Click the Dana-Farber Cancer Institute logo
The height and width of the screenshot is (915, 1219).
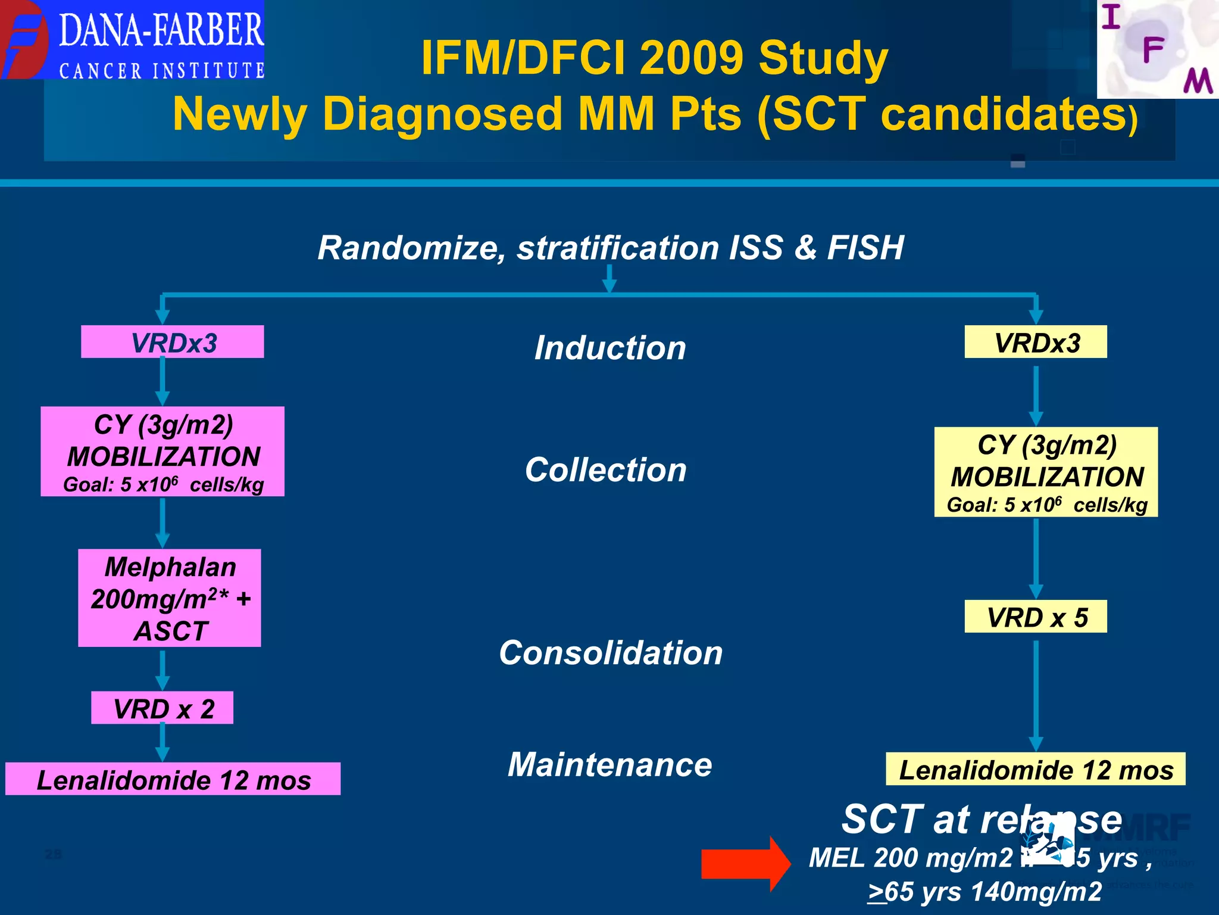(132, 39)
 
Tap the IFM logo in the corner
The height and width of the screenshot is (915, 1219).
(1157, 49)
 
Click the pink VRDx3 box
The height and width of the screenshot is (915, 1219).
(173, 342)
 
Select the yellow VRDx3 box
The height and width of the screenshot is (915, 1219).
(1036, 342)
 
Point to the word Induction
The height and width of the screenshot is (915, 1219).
(610, 348)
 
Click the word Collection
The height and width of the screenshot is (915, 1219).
(606, 469)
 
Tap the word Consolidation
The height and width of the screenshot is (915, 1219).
(611, 653)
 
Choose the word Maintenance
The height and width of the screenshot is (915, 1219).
(610, 764)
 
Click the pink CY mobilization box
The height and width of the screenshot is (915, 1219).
(162, 452)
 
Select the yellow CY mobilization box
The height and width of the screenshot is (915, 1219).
(1046, 472)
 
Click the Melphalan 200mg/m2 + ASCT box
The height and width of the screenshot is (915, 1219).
(170, 598)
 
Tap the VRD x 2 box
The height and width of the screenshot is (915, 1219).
(162, 708)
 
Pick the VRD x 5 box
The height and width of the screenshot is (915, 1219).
(1036, 617)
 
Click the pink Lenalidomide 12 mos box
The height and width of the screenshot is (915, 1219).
(173, 779)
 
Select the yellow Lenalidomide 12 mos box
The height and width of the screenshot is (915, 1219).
(1036, 770)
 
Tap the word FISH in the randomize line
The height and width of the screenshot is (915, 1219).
(865, 248)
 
